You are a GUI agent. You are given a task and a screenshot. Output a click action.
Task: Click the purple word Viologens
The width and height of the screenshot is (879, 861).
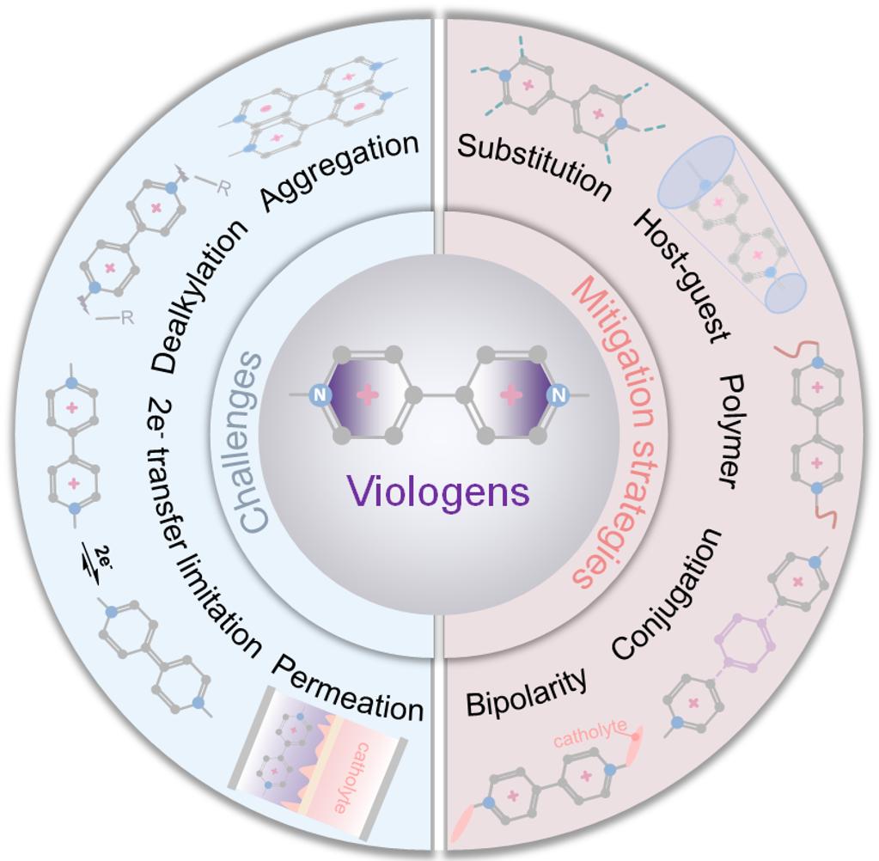click(438, 492)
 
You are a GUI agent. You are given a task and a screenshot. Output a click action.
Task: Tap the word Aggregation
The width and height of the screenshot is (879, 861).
click(340, 171)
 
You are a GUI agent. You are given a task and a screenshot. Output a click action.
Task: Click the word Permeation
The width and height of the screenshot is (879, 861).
click(348, 687)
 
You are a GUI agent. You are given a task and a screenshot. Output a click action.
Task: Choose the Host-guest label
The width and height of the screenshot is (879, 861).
click(681, 275)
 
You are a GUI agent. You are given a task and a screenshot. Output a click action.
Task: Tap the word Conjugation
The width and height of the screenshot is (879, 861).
click(668, 593)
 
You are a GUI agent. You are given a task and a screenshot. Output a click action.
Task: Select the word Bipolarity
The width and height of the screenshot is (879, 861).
click(528, 693)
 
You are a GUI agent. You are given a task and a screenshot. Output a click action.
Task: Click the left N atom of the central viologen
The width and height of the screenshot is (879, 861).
click(320, 395)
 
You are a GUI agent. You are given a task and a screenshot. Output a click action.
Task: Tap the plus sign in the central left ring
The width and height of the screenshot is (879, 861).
click(368, 395)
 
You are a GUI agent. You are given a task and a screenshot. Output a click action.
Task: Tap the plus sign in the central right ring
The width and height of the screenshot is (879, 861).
click(510, 395)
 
